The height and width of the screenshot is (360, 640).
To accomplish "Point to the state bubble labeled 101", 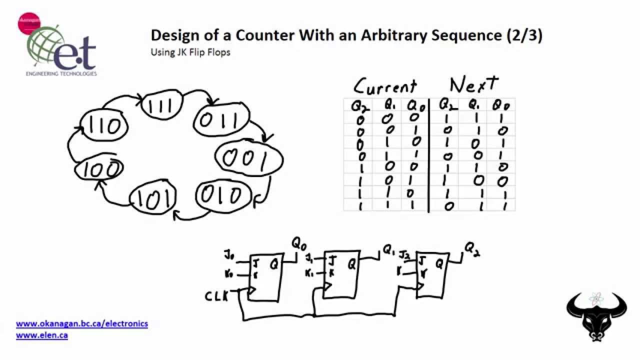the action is pyautogui.click(x=153, y=198).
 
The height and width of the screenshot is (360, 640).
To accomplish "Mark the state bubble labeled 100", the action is pyautogui.click(x=99, y=170).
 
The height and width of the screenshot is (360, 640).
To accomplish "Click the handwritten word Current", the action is pyautogui.click(x=385, y=86).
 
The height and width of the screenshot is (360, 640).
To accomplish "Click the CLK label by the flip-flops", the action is pyautogui.click(x=216, y=296).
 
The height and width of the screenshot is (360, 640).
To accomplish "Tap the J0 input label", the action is pyautogui.click(x=229, y=257).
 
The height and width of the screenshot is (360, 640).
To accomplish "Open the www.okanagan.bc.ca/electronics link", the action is pyautogui.click(x=82, y=324).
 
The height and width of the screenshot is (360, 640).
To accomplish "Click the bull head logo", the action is pyautogui.click(x=596, y=315).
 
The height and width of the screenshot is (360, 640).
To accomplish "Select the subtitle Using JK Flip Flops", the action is pyautogui.click(x=190, y=52).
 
